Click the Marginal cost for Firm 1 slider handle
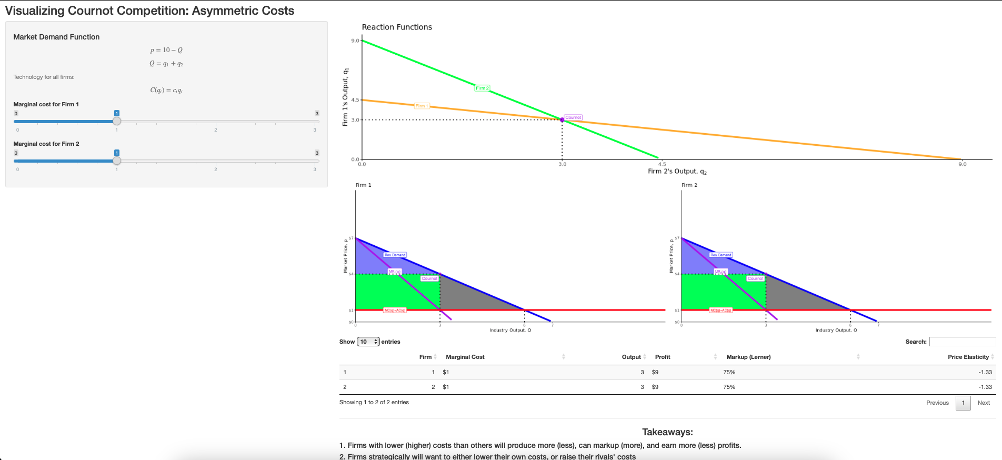click(117, 121)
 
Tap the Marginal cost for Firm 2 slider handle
click(117, 161)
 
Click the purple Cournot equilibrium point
click(562, 120)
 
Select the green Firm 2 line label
click(482, 88)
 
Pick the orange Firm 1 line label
click(422, 106)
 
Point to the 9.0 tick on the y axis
click(355, 41)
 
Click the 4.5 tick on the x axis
click(662, 164)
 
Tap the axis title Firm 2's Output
click(677, 172)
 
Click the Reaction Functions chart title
click(397, 27)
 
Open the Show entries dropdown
click(368, 342)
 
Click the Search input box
click(962, 342)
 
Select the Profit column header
click(663, 357)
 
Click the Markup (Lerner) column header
click(748, 357)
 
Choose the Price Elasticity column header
click(968, 357)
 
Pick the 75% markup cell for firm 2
click(729, 387)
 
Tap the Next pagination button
click(984, 403)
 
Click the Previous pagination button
click(937, 403)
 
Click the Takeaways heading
click(667, 432)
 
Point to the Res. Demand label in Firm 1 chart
click(395, 255)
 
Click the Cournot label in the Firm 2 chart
click(755, 278)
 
